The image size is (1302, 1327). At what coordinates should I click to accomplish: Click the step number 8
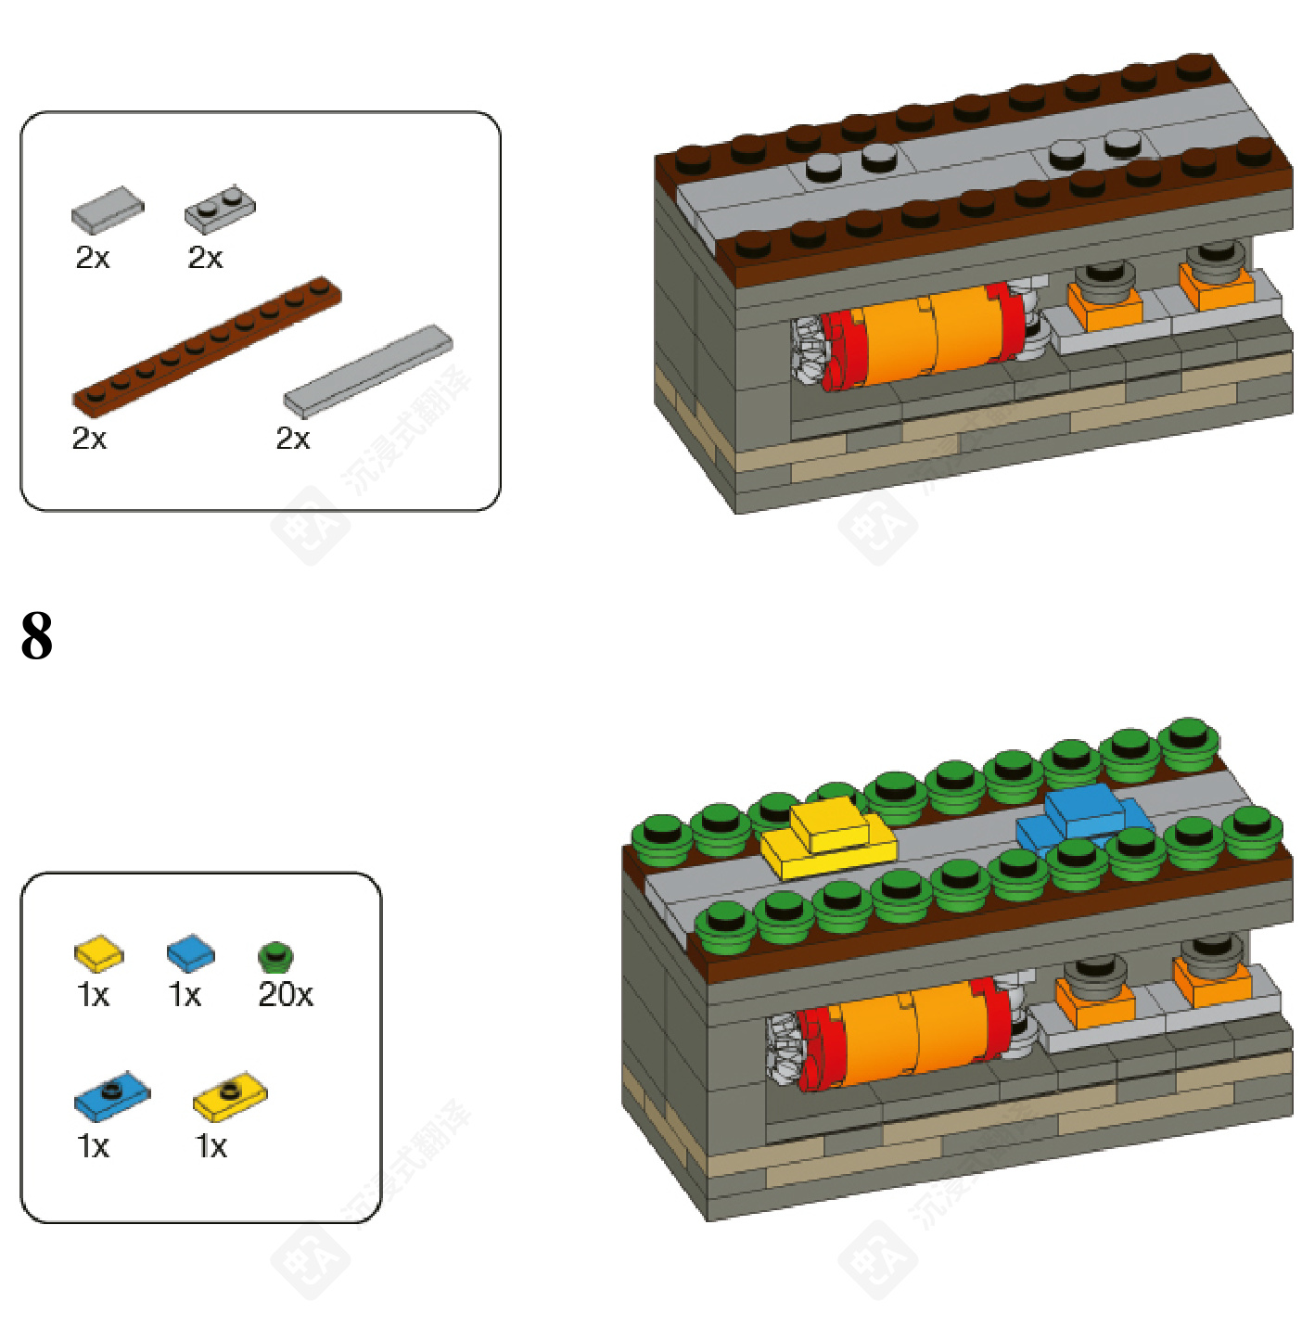(37, 636)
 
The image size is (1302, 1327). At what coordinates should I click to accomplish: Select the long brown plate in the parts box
(207, 345)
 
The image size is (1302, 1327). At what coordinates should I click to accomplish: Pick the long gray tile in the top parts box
(368, 371)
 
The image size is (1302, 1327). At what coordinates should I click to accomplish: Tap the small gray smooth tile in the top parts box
(108, 211)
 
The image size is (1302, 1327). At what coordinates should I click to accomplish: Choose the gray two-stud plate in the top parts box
(219, 209)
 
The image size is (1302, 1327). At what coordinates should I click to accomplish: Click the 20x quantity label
(286, 995)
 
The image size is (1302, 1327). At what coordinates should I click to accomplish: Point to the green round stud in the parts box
(275, 956)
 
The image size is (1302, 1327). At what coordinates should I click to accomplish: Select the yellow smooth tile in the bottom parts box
(98, 953)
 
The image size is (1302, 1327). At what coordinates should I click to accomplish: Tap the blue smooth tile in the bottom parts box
(190, 953)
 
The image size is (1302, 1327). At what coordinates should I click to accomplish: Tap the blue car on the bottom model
(1082, 817)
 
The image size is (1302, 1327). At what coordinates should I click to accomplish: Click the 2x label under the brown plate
(89, 438)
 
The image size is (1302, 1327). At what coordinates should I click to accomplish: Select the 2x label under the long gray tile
(293, 438)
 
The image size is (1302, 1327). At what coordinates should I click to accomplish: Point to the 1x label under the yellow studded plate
(211, 1147)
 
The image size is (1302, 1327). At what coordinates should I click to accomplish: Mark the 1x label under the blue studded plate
(93, 1147)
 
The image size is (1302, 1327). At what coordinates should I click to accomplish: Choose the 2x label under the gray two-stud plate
(205, 258)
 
